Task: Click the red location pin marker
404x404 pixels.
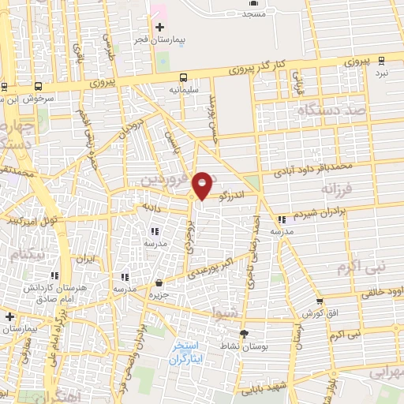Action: [x=203, y=185]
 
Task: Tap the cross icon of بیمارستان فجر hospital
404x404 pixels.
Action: [x=160, y=28]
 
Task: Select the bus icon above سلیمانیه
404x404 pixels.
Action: [x=184, y=77]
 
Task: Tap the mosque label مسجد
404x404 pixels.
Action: [x=253, y=14]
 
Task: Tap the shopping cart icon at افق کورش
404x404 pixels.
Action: [x=319, y=301]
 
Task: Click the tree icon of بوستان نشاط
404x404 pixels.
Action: [x=244, y=334]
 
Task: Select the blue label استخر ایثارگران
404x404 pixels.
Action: [x=188, y=353]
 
